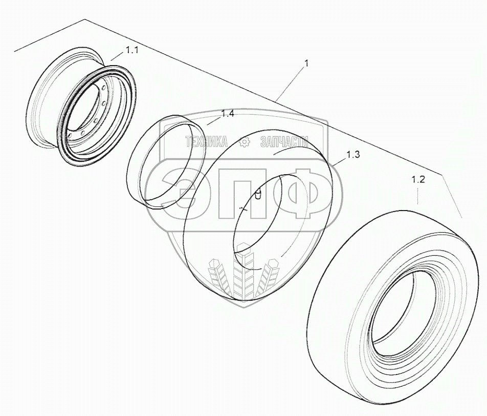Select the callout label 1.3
[353, 155]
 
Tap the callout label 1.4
[228, 114]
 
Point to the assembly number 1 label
[306, 64]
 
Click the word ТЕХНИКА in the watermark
[206, 142]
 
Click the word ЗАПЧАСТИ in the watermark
[284, 142]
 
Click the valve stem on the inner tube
[259, 194]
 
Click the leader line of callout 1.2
[418, 197]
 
